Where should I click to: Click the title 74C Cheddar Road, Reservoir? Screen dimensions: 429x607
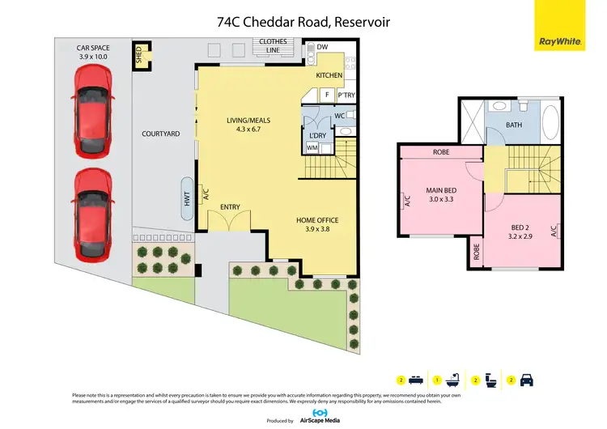pos(303,23)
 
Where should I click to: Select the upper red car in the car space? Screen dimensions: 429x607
pos(90,110)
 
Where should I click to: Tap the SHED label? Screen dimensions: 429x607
pos(139,56)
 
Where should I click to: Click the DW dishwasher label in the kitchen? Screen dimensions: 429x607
pos(322,48)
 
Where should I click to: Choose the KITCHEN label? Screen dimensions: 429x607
pos(329,75)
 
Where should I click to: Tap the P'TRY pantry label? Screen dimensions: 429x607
pos(346,96)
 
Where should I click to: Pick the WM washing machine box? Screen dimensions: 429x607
pos(312,148)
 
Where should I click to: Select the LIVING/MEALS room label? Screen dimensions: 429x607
pos(248,121)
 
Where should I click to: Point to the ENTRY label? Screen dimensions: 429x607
pos(231,207)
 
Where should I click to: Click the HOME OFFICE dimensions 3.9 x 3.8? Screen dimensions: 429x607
pos(316,230)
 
